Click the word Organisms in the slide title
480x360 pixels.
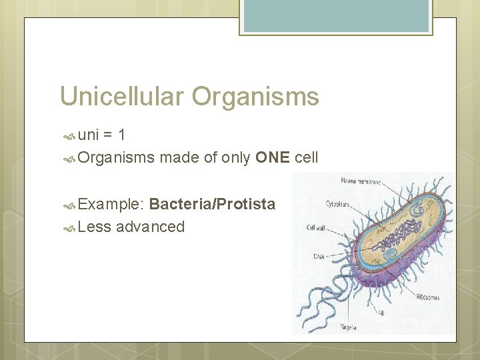pos(256,97)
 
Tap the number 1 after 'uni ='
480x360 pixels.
pos(121,135)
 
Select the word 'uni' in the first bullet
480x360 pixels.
pos(89,135)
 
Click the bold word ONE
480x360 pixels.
pos(272,157)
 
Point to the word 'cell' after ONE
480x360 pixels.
pos(306,157)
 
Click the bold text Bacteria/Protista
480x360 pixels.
pos(212,204)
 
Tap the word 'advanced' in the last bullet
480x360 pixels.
pos(150,227)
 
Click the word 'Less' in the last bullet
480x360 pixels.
pos(94,227)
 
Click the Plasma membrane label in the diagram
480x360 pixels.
pos(361,180)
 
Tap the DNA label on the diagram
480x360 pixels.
pos(319,256)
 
